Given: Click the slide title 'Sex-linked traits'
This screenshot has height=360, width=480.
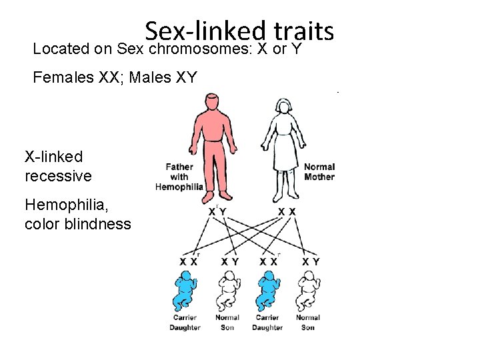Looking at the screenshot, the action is click(239, 31).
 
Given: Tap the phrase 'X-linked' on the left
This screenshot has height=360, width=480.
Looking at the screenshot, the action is click(54, 157).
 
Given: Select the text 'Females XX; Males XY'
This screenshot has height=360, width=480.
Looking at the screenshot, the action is click(115, 77).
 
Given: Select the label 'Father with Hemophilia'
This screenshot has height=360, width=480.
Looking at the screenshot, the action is click(179, 177).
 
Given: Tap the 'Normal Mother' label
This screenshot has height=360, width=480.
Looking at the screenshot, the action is click(319, 171).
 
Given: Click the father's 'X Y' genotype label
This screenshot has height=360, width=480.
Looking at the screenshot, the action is click(217, 211).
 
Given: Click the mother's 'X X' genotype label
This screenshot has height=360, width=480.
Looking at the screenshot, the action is click(287, 211).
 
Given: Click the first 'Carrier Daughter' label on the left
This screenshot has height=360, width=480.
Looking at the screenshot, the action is click(185, 323).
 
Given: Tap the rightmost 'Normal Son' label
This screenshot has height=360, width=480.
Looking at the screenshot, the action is click(308, 323).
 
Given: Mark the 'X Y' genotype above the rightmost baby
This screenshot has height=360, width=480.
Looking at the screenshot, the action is click(311, 261).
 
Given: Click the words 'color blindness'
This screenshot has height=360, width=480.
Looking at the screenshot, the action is click(77, 224).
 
